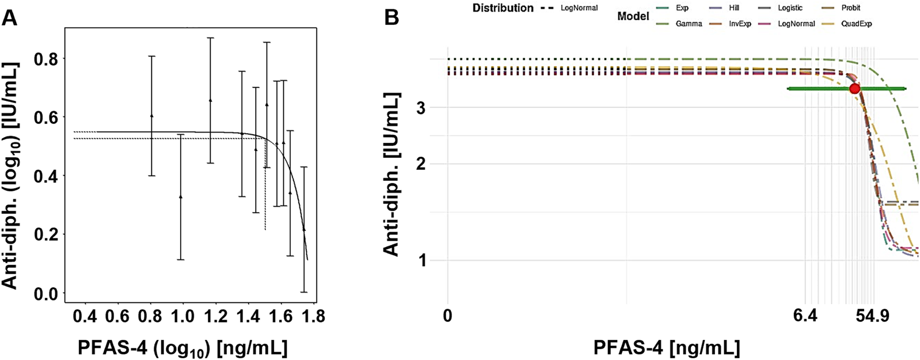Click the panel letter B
[x=391, y=17]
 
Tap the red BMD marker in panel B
[x=854, y=89]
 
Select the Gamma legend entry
[x=689, y=24]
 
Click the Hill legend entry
[x=734, y=8]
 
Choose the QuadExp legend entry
[x=856, y=24]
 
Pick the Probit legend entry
[x=851, y=8]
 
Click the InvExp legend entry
[x=740, y=24]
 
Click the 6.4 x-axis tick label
[x=805, y=316]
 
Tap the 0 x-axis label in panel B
[x=447, y=316]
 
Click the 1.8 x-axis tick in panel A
[x=313, y=316]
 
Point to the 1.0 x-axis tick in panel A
[x=183, y=316]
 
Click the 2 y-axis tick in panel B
[x=421, y=164]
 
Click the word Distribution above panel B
[x=503, y=8]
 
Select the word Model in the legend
[x=633, y=16]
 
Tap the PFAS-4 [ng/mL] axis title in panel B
[x=666, y=348]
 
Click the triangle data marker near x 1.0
[x=180, y=196]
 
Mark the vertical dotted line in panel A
[x=265, y=184]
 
